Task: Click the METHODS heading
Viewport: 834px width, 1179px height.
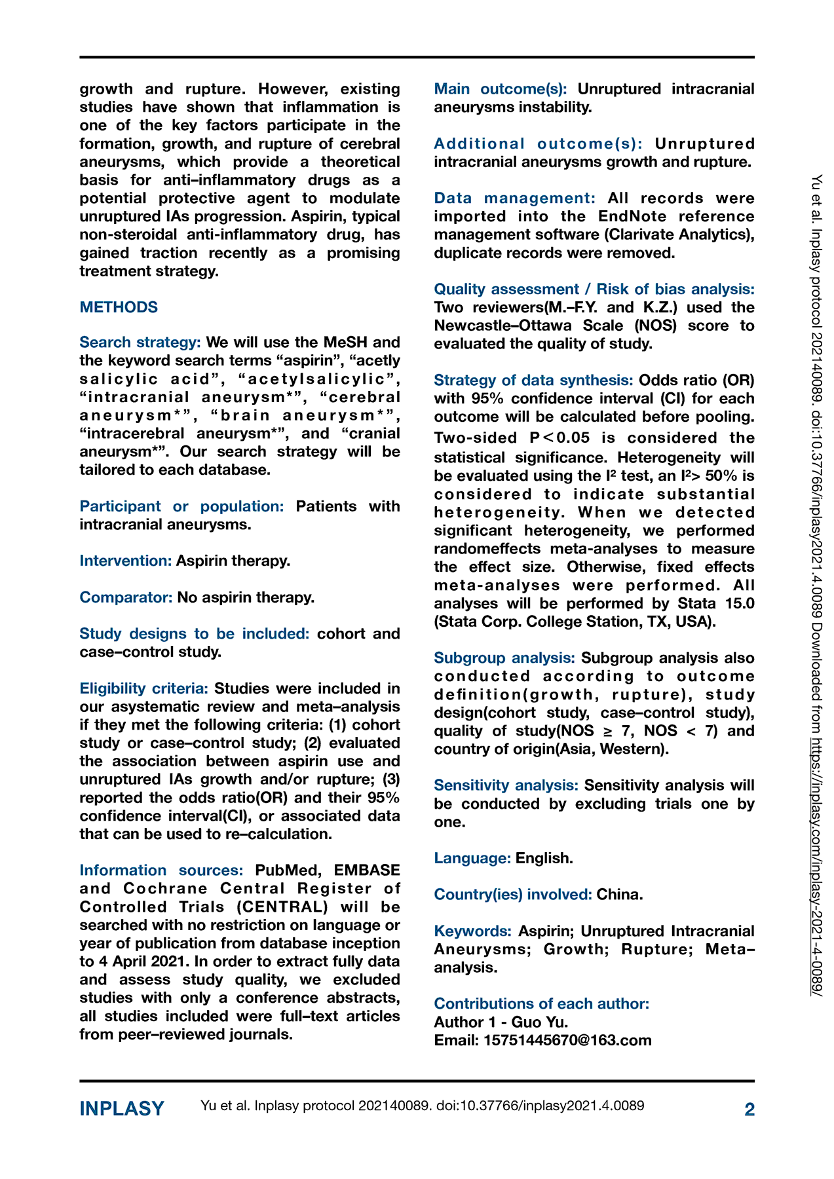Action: pos(119,307)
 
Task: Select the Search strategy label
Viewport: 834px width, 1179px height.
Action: pos(140,343)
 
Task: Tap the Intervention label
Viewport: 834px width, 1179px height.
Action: pos(126,561)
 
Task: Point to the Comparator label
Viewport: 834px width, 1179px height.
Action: pos(126,597)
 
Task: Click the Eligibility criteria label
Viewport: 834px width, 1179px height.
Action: pos(143,688)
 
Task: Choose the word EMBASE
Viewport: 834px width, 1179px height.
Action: pos(367,870)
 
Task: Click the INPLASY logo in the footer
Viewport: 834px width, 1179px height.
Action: pos(122,1109)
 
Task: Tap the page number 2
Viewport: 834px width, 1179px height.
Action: pos(749,1110)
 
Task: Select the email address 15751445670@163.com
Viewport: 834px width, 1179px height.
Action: pos(567,1040)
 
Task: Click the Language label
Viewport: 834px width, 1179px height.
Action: pos(472,858)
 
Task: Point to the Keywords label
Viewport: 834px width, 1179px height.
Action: pos(472,931)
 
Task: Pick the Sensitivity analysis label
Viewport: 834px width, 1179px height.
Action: pos(506,785)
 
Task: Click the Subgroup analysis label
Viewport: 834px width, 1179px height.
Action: pos(504,658)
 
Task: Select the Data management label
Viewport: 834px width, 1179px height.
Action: pos(514,198)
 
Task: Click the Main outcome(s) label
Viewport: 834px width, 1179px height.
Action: pos(501,89)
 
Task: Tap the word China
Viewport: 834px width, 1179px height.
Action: pos(619,895)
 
